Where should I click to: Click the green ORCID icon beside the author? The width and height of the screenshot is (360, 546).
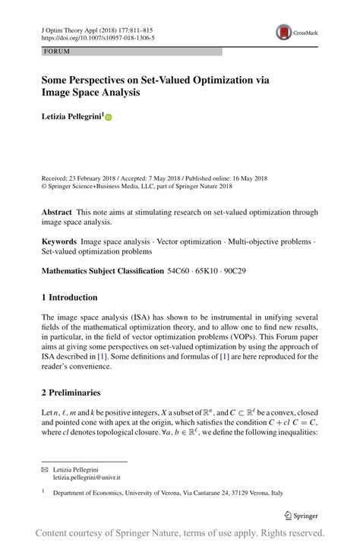pyautogui.click(x=109, y=118)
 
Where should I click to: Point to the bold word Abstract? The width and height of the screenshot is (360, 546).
pyautogui.click(x=56, y=212)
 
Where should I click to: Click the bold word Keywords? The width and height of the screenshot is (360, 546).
pyautogui.click(x=59, y=241)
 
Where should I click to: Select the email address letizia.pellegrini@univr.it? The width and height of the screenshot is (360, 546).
pyautogui.click(x=87, y=478)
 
